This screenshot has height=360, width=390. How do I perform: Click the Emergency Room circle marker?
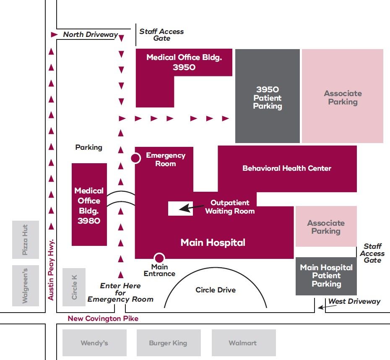click(135, 158)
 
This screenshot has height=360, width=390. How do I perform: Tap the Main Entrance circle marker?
click(159, 258)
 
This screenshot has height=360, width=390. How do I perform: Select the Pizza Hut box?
click(26, 240)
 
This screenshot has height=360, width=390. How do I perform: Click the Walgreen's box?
click(26, 286)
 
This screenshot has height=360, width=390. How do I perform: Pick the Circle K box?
click(74, 287)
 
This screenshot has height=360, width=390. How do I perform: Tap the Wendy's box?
click(94, 343)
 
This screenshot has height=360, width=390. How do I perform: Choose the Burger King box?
click(168, 343)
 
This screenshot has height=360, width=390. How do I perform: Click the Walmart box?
click(243, 343)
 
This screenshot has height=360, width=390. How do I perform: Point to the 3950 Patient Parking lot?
click(268, 97)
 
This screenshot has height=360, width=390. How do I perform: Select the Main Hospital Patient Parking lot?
click(326, 276)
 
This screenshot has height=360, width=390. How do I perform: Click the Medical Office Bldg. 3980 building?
click(89, 205)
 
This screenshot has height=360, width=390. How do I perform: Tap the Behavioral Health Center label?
click(287, 168)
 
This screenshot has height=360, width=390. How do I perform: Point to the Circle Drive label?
click(216, 290)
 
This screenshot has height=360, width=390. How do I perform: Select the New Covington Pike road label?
click(103, 318)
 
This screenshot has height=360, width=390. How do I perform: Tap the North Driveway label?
click(90, 34)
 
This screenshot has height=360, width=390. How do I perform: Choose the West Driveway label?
click(354, 301)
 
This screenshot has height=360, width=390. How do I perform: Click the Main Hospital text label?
click(213, 243)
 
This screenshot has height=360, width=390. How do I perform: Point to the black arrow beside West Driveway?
click(322, 307)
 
